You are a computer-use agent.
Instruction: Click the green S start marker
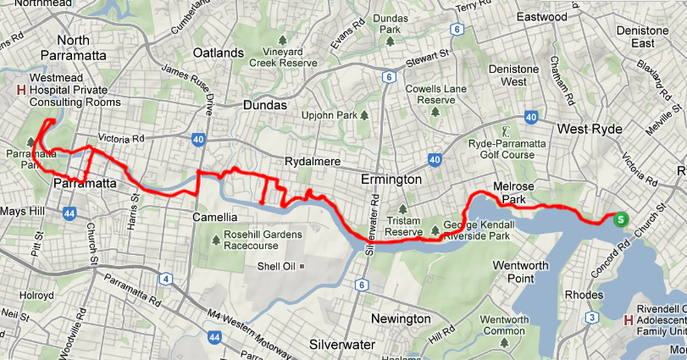(x=621, y=219)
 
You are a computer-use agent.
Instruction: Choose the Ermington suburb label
(x=391, y=180)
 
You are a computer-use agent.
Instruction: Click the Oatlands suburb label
(x=219, y=53)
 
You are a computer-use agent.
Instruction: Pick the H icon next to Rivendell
(x=628, y=320)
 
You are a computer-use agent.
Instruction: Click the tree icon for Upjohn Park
(x=364, y=114)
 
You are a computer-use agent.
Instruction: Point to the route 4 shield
(x=165, y=279)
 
